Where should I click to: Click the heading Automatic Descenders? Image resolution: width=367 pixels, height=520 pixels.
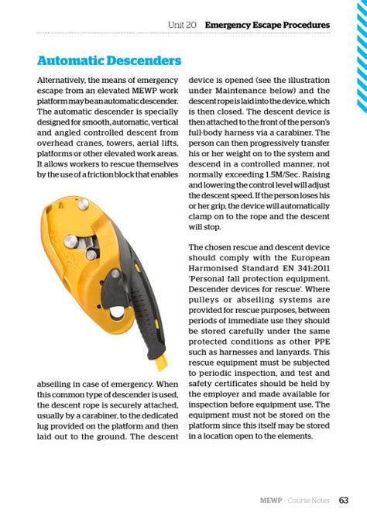coord(109,60)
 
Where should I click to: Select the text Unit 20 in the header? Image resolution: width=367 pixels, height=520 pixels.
coord(183,25)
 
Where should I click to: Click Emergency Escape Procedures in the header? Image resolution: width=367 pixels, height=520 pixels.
coord(267,25)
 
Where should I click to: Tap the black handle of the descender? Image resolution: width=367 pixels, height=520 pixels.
coord(146,310)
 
